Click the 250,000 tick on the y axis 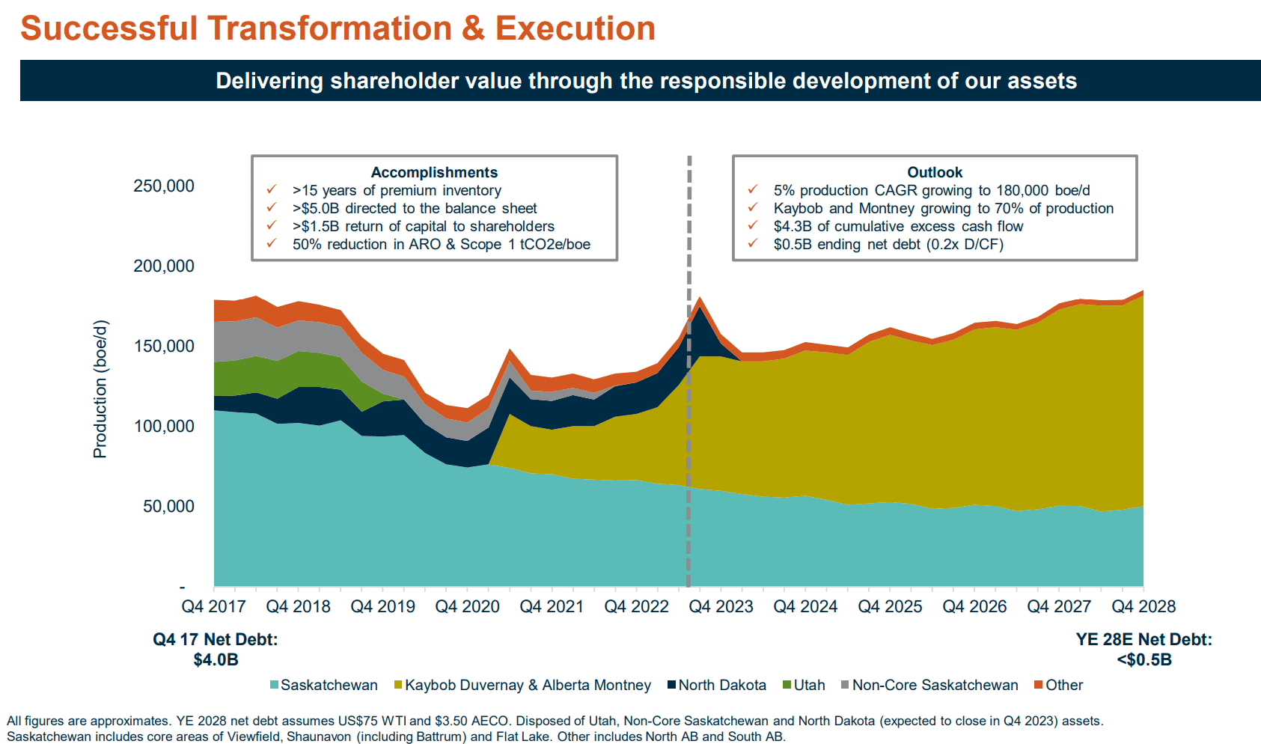point(163,186)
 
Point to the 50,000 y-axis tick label point(168,507)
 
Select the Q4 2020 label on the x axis point(467,607)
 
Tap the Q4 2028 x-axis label point(1144,607)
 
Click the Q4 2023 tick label point(721,607)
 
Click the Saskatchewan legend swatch point(275,685)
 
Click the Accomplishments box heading point(434,173)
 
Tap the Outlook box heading point(935,173)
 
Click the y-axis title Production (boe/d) point(100,388)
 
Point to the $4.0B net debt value point(216,660)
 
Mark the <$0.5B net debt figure point(1144,660)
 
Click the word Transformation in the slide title point(329,28)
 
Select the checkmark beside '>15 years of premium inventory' point(272,190)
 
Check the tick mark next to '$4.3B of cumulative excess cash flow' point(753,226)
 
